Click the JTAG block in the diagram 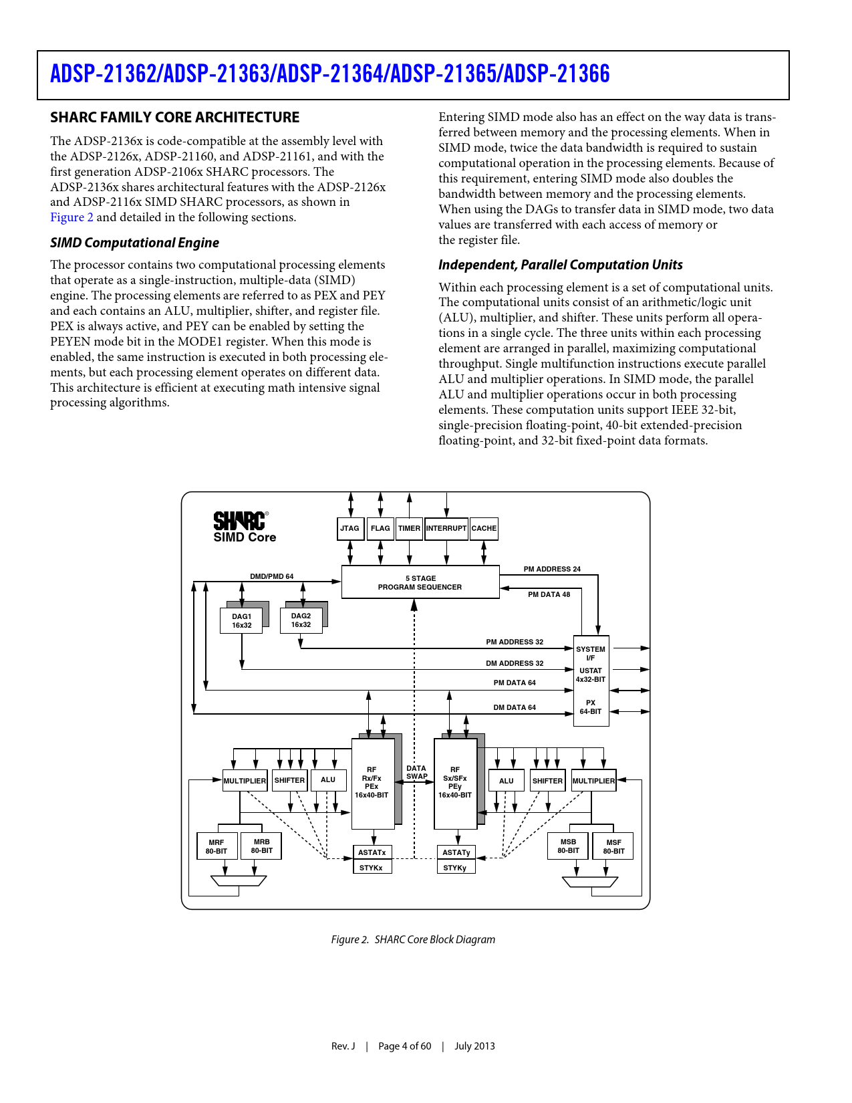[x=350, y=528]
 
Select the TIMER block [x=409, y=528]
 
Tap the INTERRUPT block [x=446, y=528]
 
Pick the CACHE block [x=484, y=528]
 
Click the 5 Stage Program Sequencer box [x=420, y=582]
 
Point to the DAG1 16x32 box [x=241, y=621]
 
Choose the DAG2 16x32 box [x=301, y=620]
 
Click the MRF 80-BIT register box [x=216, y=847]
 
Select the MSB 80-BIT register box [x=568, y=846]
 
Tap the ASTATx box [x=372, y=852]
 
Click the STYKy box [x=455, y=868]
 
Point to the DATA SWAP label [x=416, y=772]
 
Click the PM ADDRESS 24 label [x=552, y=569]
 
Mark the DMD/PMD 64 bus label [x=271, y=576]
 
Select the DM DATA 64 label [x=515, y=707]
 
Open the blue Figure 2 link [x=72, y=217]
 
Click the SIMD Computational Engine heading [x=134, y=243]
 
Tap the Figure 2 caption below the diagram [x=413, y=939]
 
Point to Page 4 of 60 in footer [x=405, y=1046]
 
